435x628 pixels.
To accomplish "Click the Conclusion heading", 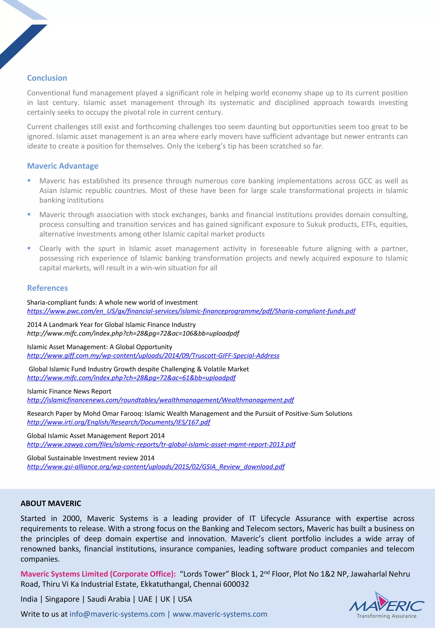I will (x=47, y=78).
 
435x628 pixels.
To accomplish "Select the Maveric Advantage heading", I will (x=63, y=166).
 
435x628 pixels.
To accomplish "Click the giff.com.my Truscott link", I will (x=153, y=355).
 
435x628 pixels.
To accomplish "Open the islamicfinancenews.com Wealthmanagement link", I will (x=160, y=400).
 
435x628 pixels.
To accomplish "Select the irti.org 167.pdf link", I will (x=119, y=422).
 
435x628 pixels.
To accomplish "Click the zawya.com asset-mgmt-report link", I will (x=161, y=444).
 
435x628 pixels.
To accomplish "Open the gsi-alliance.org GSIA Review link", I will (x=156, y=466).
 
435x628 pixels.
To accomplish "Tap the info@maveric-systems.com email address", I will (x=117, y=614).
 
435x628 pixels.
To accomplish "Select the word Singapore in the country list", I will (x=62, y=599).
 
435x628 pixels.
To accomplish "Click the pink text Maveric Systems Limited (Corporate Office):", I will (x=98, y=574).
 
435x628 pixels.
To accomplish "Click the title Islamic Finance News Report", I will (x=69, y=391).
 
